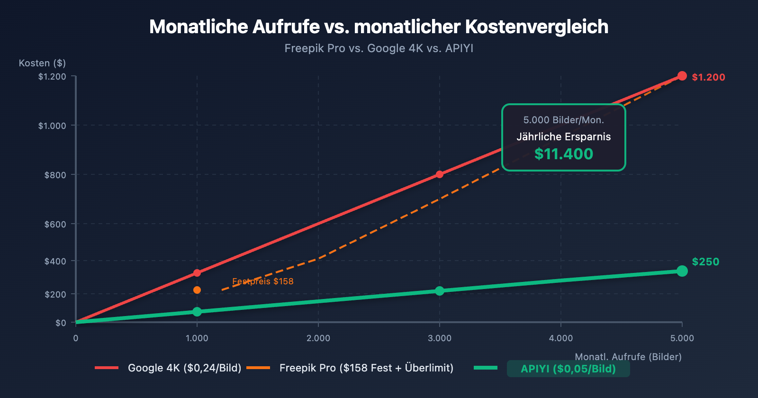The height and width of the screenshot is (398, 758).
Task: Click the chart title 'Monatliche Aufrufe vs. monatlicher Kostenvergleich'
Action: point(379,27)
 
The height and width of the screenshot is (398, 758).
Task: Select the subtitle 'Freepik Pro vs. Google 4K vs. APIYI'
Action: point(379,48)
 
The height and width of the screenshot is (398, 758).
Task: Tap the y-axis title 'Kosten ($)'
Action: point(42,63)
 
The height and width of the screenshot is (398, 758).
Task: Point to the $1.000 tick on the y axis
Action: point(52,126)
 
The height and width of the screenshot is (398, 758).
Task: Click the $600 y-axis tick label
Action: point(55,224)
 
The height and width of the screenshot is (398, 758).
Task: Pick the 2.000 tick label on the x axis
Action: point(318,338)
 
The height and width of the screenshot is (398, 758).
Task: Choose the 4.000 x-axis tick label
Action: point(561,338)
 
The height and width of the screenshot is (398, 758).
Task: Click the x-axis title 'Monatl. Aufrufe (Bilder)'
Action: point(628,357)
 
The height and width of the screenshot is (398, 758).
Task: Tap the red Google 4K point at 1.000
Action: point(197,273)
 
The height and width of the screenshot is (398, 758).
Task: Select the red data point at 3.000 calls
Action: point(440,174)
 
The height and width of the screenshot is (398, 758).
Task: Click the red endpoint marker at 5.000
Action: point(682,76)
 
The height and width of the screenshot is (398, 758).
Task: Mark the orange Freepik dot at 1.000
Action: point(197,290)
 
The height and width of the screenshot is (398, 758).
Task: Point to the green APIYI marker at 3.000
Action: point(440,291)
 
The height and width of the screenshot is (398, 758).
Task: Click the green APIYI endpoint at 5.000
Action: point(682,271)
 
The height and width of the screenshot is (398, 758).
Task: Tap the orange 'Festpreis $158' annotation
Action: point(263,281)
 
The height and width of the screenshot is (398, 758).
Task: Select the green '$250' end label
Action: point(705,262)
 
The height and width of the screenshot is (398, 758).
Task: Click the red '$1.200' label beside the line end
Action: point(708,77)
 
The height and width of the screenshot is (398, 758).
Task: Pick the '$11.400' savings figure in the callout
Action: point(564,154)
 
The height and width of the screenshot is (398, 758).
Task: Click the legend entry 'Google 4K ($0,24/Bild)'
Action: point(184,368)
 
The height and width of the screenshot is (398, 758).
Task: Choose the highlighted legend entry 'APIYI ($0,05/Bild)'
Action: point(568,369)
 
